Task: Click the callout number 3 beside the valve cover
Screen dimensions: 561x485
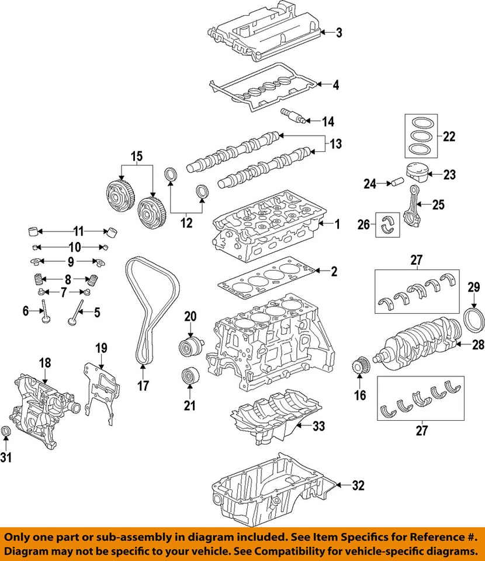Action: (339, 33)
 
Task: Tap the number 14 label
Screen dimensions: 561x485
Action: (328, 122)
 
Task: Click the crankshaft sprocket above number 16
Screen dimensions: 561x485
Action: (359, 367)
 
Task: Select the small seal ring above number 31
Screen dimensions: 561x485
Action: (7, 431)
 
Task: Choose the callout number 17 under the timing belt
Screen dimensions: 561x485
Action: (144, 385)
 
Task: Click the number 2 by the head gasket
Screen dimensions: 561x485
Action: (333, 271)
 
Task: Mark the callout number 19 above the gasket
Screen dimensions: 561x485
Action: (102, 348)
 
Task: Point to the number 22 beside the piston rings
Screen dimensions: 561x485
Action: (449, 137)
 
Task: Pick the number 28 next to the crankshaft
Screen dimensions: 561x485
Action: (478, 345)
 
